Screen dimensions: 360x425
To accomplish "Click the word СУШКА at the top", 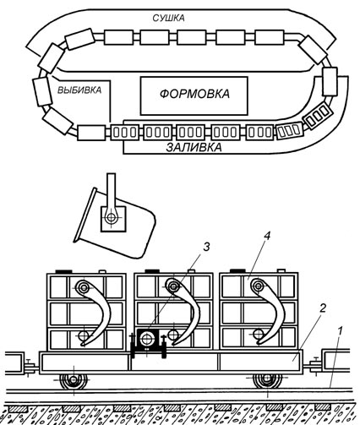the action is (168, 18).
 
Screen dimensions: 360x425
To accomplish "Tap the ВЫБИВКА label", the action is (79, 90).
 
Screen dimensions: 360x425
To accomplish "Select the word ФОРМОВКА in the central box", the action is (194, 94).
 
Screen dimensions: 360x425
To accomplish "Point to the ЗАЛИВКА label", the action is (194, 147).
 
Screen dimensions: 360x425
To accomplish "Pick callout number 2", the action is (322, 308).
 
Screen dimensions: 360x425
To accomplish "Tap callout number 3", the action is (206, 247).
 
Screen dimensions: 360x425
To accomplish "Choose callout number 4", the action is (267, 236).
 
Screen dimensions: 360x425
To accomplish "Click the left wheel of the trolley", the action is (74, 380).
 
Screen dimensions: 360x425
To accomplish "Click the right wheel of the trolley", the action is (266, 380).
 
